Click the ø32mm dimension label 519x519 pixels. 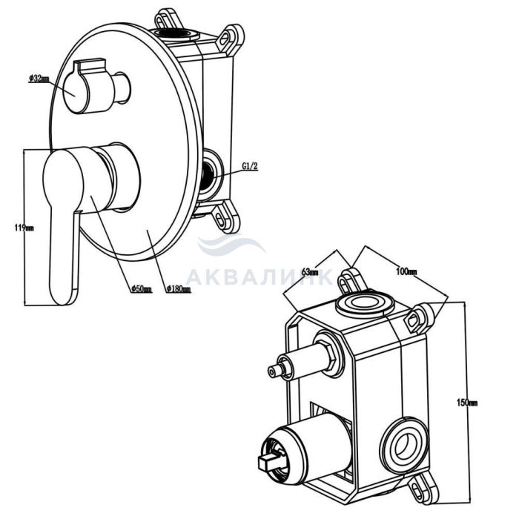point(39,78)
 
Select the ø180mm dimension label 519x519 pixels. point(179,288)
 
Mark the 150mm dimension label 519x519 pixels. point(468,403)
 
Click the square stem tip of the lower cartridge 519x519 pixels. point(264,464)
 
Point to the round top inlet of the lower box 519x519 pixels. point(362,303)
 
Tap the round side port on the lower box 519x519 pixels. point(404,446)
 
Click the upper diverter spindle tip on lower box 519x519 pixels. point(277,371)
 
